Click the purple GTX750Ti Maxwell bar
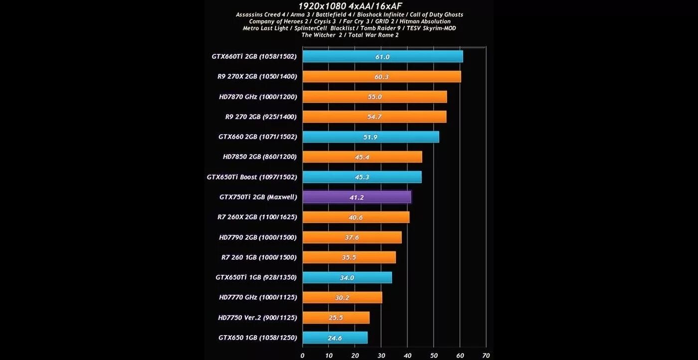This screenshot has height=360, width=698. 356,197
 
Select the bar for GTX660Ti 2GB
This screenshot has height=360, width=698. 382,56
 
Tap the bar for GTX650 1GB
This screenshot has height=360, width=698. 335,338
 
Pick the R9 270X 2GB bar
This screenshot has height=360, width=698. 381,77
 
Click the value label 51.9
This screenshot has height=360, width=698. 370,137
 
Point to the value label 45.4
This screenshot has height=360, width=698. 361,157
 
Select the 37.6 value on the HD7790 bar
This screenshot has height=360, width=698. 351,237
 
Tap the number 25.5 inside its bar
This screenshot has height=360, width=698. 336,318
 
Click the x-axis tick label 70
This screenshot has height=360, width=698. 486,356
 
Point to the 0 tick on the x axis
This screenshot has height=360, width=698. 303,356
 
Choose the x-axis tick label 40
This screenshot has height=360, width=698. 407,356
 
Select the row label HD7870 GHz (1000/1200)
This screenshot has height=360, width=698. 258,97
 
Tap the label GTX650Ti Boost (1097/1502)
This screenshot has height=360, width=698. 252,177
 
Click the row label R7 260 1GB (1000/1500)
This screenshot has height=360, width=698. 259,257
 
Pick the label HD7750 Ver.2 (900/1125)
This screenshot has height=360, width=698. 257,318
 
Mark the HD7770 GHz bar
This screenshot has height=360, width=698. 342,298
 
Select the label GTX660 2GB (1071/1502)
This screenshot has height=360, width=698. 257,137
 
